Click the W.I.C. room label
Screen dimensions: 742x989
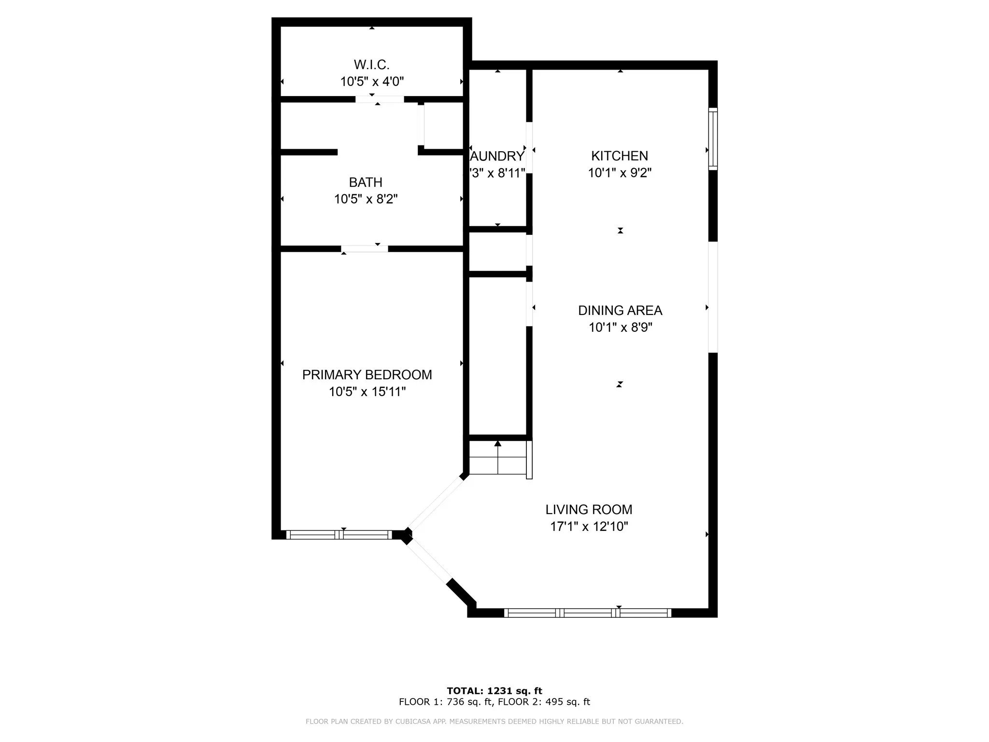point(371,64)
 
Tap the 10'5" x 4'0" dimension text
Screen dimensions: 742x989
point(372,81)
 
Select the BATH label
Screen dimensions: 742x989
point(366,182)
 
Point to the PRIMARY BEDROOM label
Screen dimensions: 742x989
point(367,374)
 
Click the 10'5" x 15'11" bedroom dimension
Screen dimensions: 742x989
point(367,391)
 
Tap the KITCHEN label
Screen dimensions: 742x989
point(620,156)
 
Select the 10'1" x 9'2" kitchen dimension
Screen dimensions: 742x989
point(620,172)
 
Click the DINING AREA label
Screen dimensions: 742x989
point(620,310)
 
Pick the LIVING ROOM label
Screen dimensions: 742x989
point(589,509)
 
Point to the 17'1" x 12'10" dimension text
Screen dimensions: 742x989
point(589,526)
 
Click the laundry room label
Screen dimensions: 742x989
point(497,156)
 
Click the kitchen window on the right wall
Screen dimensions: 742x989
point(713,139)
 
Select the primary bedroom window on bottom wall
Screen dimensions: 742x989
point(339,534)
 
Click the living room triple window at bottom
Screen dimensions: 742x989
point(588,613)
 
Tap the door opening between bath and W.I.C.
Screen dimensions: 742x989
point(380,99)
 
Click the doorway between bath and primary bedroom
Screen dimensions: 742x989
point(365,249)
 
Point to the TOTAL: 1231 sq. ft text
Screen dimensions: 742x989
point(494,691)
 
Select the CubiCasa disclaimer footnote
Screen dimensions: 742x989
point(494,721)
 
